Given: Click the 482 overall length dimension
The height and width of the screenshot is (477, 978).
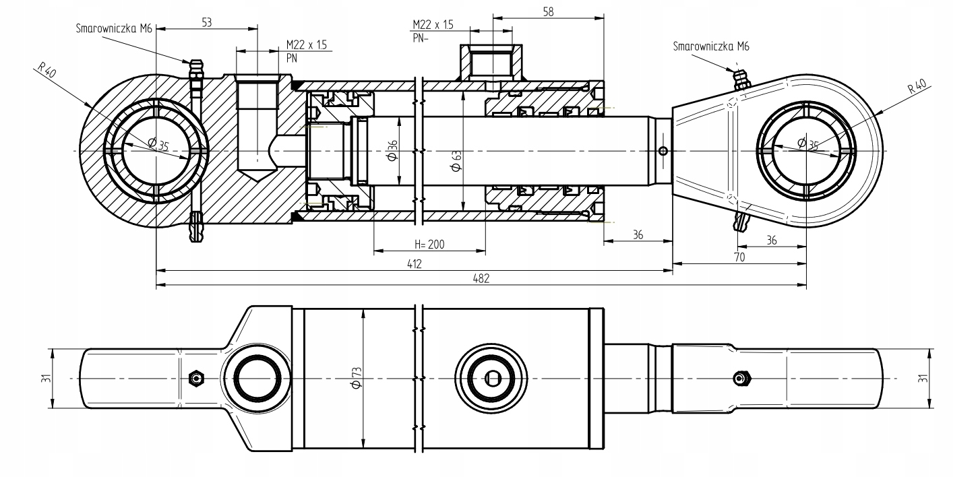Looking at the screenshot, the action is pos(481,278).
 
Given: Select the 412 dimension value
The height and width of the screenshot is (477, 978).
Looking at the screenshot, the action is pos(414,264).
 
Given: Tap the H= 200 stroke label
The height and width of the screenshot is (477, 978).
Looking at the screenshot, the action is pos(429,245).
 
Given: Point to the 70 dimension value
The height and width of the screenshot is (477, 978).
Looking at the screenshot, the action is pos(739,257).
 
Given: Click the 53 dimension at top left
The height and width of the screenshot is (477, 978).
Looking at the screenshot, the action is pos(206,22).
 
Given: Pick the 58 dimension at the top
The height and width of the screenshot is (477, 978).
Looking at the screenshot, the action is pos(549,11).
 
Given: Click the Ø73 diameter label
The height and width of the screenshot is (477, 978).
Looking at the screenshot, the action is pos(357,378).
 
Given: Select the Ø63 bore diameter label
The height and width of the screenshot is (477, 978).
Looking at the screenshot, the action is pos(457,161).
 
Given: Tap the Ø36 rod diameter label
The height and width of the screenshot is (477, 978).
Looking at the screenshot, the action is pos(392,150).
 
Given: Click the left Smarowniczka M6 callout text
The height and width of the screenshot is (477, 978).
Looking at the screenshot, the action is pos(114,28).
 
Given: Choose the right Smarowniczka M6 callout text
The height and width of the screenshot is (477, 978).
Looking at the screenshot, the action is pos(711,46).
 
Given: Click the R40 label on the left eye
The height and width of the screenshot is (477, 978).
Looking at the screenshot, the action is pos(47,70).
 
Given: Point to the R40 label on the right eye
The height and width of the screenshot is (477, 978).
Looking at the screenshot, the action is pos(917,86).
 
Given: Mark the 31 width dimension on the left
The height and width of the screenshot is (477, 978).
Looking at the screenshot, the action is pos(46,378).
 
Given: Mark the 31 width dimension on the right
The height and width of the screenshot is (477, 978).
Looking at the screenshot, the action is pos(923,378).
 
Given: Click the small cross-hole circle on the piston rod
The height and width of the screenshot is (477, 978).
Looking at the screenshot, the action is pos(663,152).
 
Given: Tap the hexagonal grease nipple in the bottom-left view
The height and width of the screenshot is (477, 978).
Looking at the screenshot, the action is pos(196,378).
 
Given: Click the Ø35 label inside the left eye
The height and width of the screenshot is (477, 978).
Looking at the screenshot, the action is pos(158,144).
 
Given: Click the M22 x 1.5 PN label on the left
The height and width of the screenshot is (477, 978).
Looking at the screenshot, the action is pos(307,51).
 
